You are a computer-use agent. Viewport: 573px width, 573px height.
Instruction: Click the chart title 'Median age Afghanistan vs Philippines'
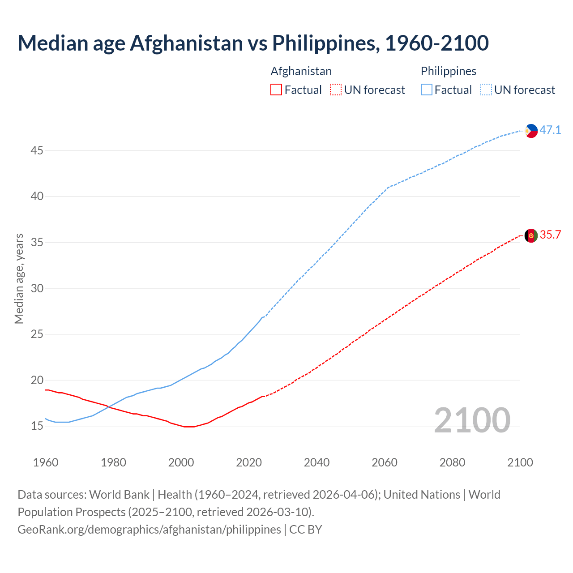point(253,43)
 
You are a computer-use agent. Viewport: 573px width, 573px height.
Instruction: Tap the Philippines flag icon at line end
point(531,131)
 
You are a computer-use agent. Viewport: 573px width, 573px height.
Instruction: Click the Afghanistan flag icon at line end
point(531,235)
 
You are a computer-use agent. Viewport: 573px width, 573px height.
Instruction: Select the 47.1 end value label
point(550,130)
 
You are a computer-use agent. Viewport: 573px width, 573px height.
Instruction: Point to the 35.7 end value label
point(550,235)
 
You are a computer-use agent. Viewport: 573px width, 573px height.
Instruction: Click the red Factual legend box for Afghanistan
point(276,90)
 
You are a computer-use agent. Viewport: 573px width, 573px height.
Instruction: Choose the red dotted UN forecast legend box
point(336,90)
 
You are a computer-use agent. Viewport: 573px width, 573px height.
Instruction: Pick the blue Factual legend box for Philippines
point(427,90)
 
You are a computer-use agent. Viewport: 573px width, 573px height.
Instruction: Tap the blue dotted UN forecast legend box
point(486,90)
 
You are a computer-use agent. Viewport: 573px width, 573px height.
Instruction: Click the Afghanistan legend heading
point(301,71)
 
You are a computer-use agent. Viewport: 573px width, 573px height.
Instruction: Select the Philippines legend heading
point(448,71)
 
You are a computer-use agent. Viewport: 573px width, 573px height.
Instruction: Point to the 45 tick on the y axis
point(37,150)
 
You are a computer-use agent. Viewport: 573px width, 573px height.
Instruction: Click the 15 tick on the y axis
point(37,426)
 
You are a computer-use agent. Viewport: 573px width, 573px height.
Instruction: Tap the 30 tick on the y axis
point(37,288)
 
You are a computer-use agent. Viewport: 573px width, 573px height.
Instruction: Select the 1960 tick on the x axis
point(46,462)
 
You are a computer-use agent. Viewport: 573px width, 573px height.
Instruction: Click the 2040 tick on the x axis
point(316,462)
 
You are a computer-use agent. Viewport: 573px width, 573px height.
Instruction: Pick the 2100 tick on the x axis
point(520,462)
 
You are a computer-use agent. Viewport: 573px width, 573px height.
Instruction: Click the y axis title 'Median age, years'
point(19,278)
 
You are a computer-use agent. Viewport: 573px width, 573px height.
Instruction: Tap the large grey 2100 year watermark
point(472,420)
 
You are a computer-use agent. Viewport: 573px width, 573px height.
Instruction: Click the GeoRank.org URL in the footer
point(149,529)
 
